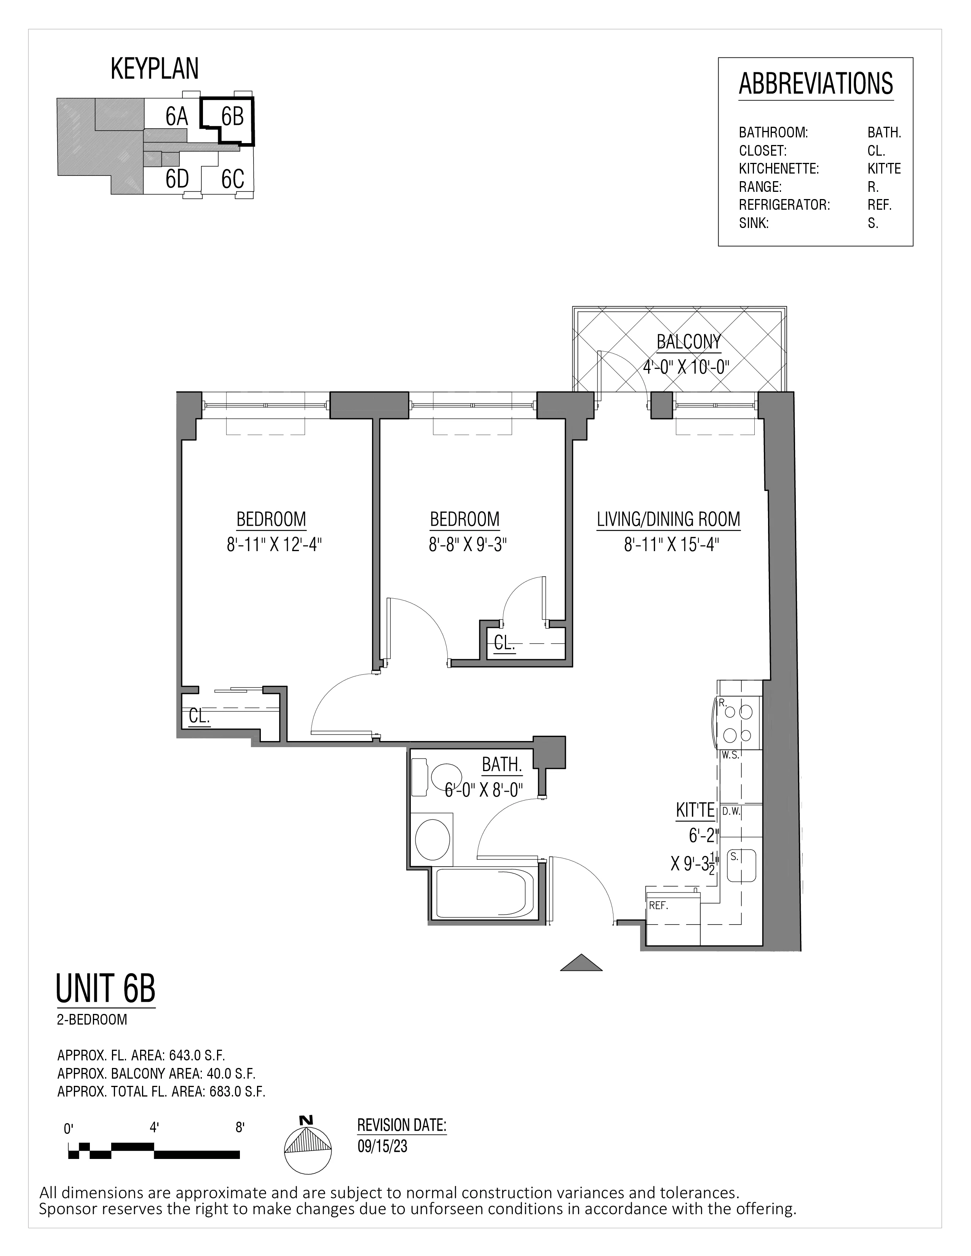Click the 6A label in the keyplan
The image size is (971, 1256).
point(177,117)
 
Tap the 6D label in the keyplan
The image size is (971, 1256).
point(177,179)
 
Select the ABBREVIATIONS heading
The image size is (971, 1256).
point(815,84)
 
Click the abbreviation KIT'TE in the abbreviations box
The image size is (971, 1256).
point(884,169)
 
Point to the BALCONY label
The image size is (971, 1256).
point(688,342)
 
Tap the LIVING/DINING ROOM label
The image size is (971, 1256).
point(668,519)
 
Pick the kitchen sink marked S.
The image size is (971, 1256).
point(741,865)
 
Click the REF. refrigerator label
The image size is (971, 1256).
point(658,905)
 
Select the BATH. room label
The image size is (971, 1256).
point(501,765)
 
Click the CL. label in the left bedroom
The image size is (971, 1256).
point(199,717)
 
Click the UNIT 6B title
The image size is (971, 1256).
point(106,988)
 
